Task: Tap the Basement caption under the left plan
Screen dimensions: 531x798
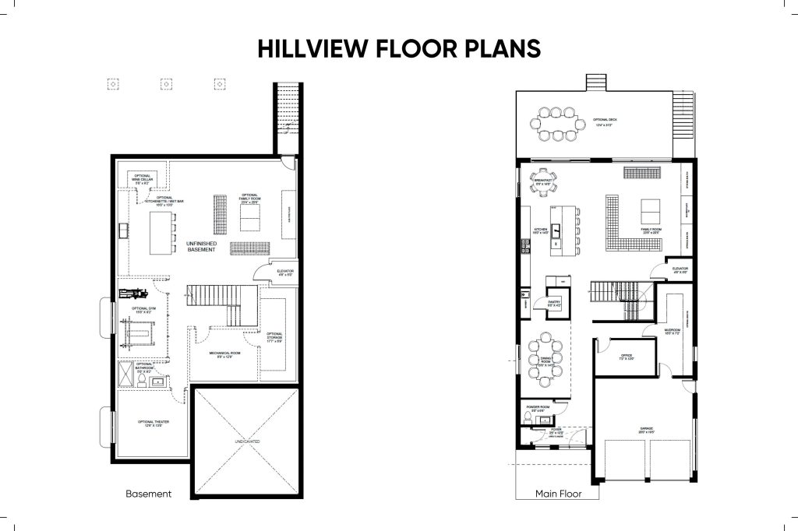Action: click(x=148, y=494)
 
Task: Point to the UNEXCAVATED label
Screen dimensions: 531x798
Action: click(x=245, y=441)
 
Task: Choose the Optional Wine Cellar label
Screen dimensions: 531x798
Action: click(x=142, y=178)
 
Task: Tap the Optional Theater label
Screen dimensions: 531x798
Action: click(x=154, y=424)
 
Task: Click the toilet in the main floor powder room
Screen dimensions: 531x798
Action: click(x=528, y=420)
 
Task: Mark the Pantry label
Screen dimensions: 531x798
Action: click(x=555, y=304)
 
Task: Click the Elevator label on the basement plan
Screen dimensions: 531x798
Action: click(x=284, y=273)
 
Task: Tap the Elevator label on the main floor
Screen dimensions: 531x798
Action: click(x=679, y=269)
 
